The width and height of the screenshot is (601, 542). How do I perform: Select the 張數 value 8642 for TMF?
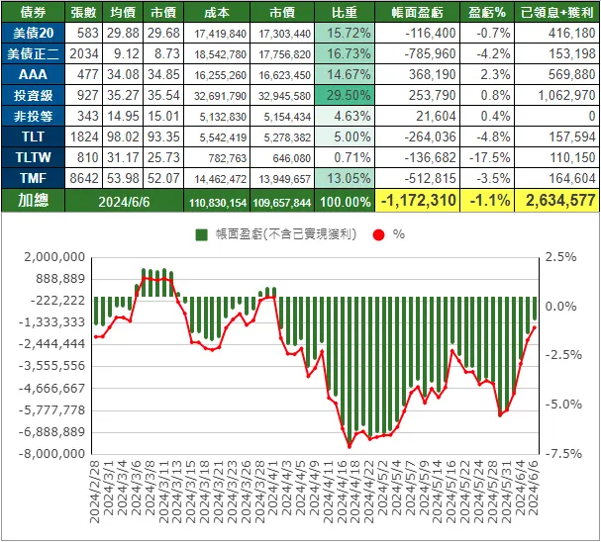85,177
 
